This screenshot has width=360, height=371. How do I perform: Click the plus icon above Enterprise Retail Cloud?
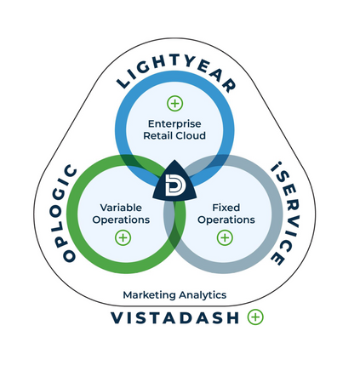[x=174, y=103]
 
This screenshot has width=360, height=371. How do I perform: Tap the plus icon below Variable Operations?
[x=123, y=237]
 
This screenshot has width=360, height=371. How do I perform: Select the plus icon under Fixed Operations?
[x=225, y=237]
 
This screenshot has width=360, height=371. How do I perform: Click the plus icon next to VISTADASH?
[x=255, y=317]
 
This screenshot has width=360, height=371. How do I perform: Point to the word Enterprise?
[x=174, y=124]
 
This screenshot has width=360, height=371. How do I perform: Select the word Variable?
[x=121, y=208]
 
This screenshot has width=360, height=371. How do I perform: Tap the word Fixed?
[x=226, y=208]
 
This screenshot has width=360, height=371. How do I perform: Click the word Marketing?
[x=150, y=295]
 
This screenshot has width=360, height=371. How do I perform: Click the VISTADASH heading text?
[x=174, y=317]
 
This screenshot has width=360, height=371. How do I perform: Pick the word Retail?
[x=158, y=135]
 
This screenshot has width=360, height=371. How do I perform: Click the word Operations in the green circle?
[x=121, y=220]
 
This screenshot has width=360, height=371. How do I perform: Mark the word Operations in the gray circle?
[x=226, y=220]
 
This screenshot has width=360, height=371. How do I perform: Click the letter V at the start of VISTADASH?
[x=117, y=317]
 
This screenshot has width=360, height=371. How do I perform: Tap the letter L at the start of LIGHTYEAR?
[x=123, y=83]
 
